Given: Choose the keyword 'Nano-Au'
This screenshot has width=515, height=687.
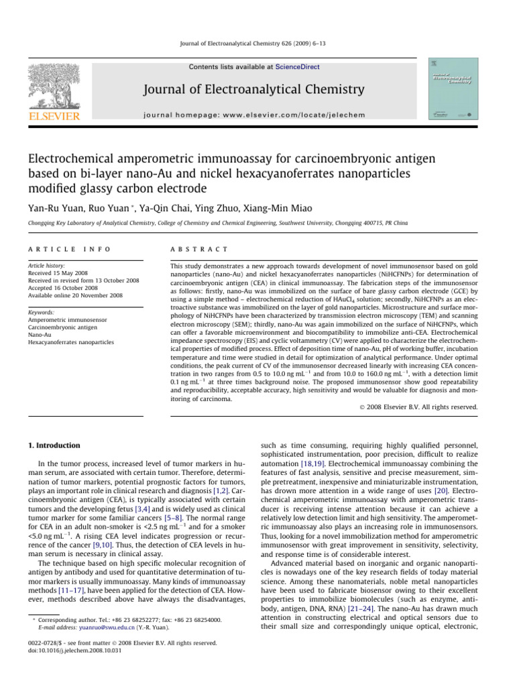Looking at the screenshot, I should (42, 335).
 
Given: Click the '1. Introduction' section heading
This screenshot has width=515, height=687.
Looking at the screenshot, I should (56, 445).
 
